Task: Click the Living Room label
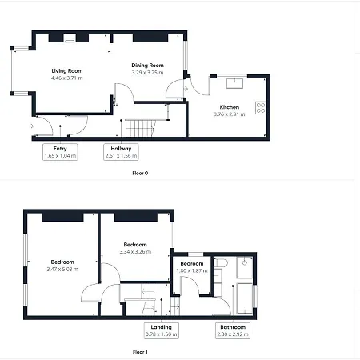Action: click(x=67, y=71)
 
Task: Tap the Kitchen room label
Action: click(x=230, y=106)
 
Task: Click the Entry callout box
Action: click(x=60, y=152)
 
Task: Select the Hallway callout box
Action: click(x=122, y=152)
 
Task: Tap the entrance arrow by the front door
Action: click(x=30, y=126)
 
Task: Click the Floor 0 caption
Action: click(x=140, y=173)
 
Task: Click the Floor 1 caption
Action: click(x=140, y=351)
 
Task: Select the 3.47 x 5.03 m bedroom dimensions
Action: click(x=62, y=270)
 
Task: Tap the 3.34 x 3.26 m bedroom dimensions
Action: click(x=135, y=251)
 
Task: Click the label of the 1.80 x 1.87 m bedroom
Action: click(x=192, y=264)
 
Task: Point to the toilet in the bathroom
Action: click(x=222, y=262)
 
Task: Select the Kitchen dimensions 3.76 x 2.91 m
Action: click(x=230, y=114)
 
